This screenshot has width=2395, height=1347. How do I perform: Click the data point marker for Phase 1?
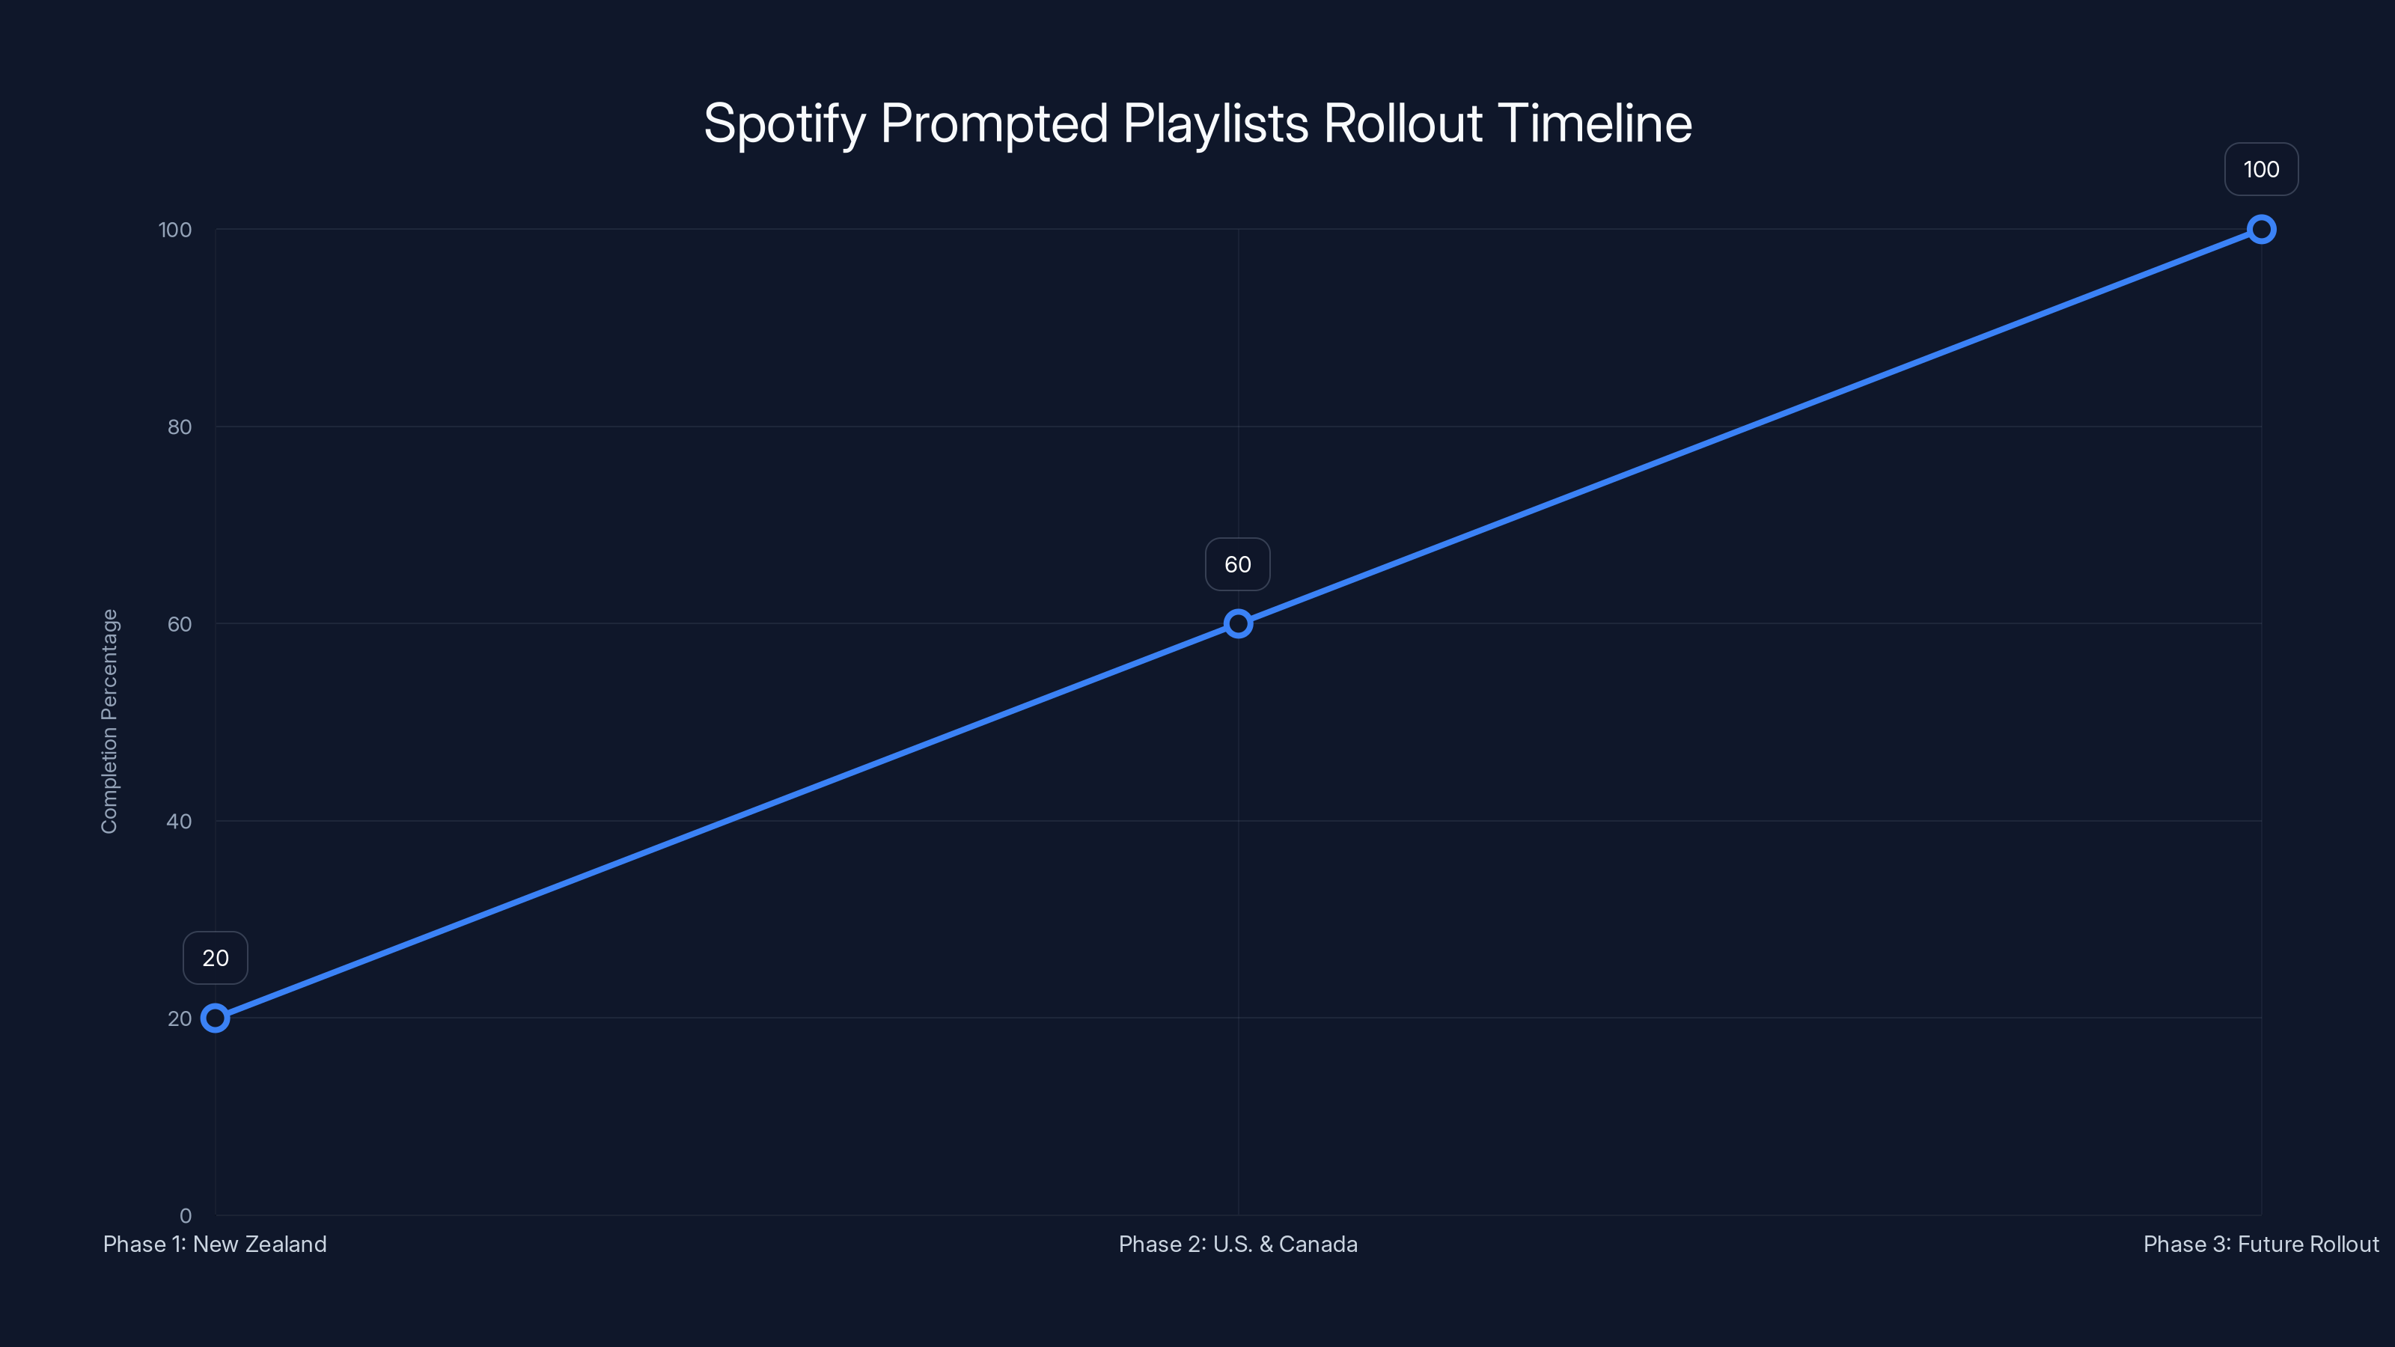[x=215, y=1018]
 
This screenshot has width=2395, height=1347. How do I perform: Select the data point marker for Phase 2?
[x=1237, y=624]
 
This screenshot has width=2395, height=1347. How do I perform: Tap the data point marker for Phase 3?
[x=2261, y=230]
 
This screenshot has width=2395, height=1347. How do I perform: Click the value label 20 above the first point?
[x=215, y=959]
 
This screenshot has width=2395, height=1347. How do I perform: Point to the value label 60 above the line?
[x=1237, y=564]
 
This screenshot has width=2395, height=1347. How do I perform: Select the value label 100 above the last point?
[x=2261, y=169]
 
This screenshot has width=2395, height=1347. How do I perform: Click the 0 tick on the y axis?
[x=186, y=1216]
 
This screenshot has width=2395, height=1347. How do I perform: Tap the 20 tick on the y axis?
[x=180, y=1018]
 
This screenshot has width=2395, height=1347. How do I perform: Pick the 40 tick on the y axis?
[x=180, y=822]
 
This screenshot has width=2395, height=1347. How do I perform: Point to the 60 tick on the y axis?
[x=180, y=625]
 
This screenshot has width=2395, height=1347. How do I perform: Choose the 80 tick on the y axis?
[x=180, y=427]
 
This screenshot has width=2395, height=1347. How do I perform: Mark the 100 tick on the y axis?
[x=175, y=230]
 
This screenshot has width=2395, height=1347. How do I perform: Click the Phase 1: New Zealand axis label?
[x=215, y=1244]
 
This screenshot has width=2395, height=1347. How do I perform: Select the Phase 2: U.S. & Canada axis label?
[x=1237, y=1244]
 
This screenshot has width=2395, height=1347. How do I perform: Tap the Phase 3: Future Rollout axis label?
[x=2260, y=1244]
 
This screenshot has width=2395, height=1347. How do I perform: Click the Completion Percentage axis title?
[x=110, y=721]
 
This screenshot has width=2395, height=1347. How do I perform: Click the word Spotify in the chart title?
[x=784, y=124]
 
